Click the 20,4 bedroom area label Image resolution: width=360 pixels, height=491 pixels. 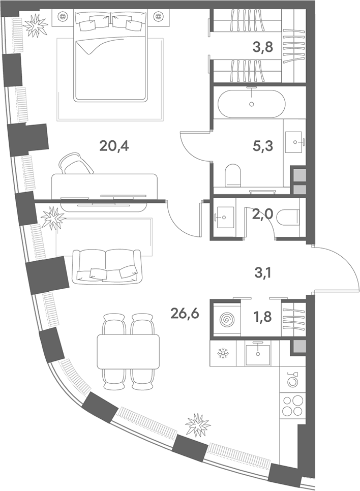point(114,145)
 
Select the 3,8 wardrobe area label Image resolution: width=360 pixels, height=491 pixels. point(263,47)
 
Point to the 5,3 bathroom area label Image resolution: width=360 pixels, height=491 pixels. point(262,146)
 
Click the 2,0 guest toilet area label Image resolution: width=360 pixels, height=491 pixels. point(262,214)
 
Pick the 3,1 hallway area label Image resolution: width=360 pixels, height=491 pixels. point(262,274)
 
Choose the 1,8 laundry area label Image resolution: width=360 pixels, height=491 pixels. point(263,317)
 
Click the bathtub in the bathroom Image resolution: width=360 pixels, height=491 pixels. point(251,103)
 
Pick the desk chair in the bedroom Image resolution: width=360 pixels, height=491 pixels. point(76,163)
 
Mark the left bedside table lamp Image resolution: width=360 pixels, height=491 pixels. point(63,16)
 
